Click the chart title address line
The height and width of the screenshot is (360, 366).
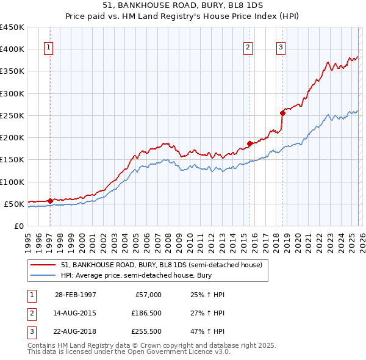[x=183, y=5]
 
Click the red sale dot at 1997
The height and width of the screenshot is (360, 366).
[x=50, y=200]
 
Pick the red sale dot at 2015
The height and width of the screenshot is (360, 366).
[x=249, y=143]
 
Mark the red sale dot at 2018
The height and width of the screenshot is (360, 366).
[x=282, y=113]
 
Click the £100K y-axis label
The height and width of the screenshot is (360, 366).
[x=12, y=182]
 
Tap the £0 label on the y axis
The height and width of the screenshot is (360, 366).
[x=18, y=226]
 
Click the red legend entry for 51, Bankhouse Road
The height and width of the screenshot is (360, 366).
[x=161, y=265]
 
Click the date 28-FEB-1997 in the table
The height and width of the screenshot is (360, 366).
[x=75, y=295]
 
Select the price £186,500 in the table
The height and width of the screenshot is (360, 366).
[x=146, y=314]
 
